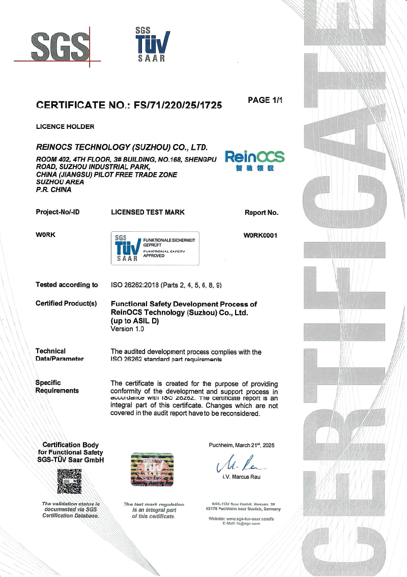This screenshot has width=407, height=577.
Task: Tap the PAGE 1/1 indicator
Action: pyautogui.click(x=265, y=100)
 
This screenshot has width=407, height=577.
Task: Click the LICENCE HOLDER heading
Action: pyautogui.click(x=65, y=126)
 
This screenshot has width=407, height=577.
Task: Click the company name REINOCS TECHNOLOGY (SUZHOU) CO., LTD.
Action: pyautogui.click(x=122, y=148)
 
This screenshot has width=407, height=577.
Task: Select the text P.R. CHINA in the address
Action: pyautogui.click(x=53, y=189)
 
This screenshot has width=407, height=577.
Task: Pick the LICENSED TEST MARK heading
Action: pyautogui.click(x=148, y=212)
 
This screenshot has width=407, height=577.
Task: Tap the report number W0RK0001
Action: pyautogui.click(x=261, y=235)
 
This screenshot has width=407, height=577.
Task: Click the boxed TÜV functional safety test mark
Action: pyautogui.click(x=155, y=248)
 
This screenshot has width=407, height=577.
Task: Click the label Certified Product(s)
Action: pyautogui.click(x=66, y=304)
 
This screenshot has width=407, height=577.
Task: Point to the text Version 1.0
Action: pyautogui.click(x=127, y=329)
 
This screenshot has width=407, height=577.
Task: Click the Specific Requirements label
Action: pyautogui.click(x=57, y=387)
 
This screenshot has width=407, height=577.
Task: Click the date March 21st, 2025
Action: pyautogui.click(x=252, y=445)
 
